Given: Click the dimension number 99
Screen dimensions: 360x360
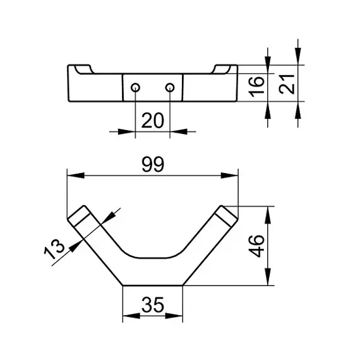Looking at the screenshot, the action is click(153, 164).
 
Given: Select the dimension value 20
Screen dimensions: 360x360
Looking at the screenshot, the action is click(153, 121).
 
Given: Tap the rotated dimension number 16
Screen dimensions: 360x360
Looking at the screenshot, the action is click(256, 87).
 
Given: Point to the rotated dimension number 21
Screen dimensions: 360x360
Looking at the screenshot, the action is click(287, 84).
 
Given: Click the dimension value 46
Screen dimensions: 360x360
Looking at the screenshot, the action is click(256, 246).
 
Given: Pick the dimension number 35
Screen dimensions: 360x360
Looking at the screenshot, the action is click(153, 304).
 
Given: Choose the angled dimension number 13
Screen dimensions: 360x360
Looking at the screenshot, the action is click(54, 249).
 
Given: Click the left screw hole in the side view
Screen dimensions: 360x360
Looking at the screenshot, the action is click(135, 88).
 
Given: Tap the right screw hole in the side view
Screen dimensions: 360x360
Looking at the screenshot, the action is click(170, 88).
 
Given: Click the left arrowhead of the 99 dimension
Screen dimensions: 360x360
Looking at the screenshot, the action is click(76, 176).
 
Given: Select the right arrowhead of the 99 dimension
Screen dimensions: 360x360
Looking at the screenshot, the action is click(229, 176).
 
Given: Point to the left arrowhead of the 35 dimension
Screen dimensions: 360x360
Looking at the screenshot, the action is click(131, 316).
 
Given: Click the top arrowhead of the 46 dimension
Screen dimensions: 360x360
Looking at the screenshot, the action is click(268, 215).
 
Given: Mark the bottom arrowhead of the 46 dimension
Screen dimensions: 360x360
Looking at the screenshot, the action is click(268, 277).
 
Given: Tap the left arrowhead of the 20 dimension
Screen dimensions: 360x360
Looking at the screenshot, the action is click(126, 132).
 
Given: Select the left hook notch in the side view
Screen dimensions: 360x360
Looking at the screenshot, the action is click(84, 70).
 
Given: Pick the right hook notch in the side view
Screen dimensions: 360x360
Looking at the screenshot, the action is click(221, 70).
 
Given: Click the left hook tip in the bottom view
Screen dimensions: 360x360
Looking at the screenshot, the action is click(79, 215).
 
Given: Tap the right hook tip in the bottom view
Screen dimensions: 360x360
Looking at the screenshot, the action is click(226, 215).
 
